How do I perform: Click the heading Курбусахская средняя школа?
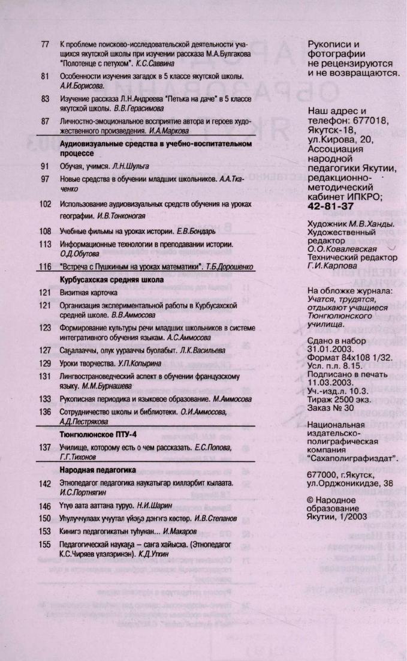coord(110,280)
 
